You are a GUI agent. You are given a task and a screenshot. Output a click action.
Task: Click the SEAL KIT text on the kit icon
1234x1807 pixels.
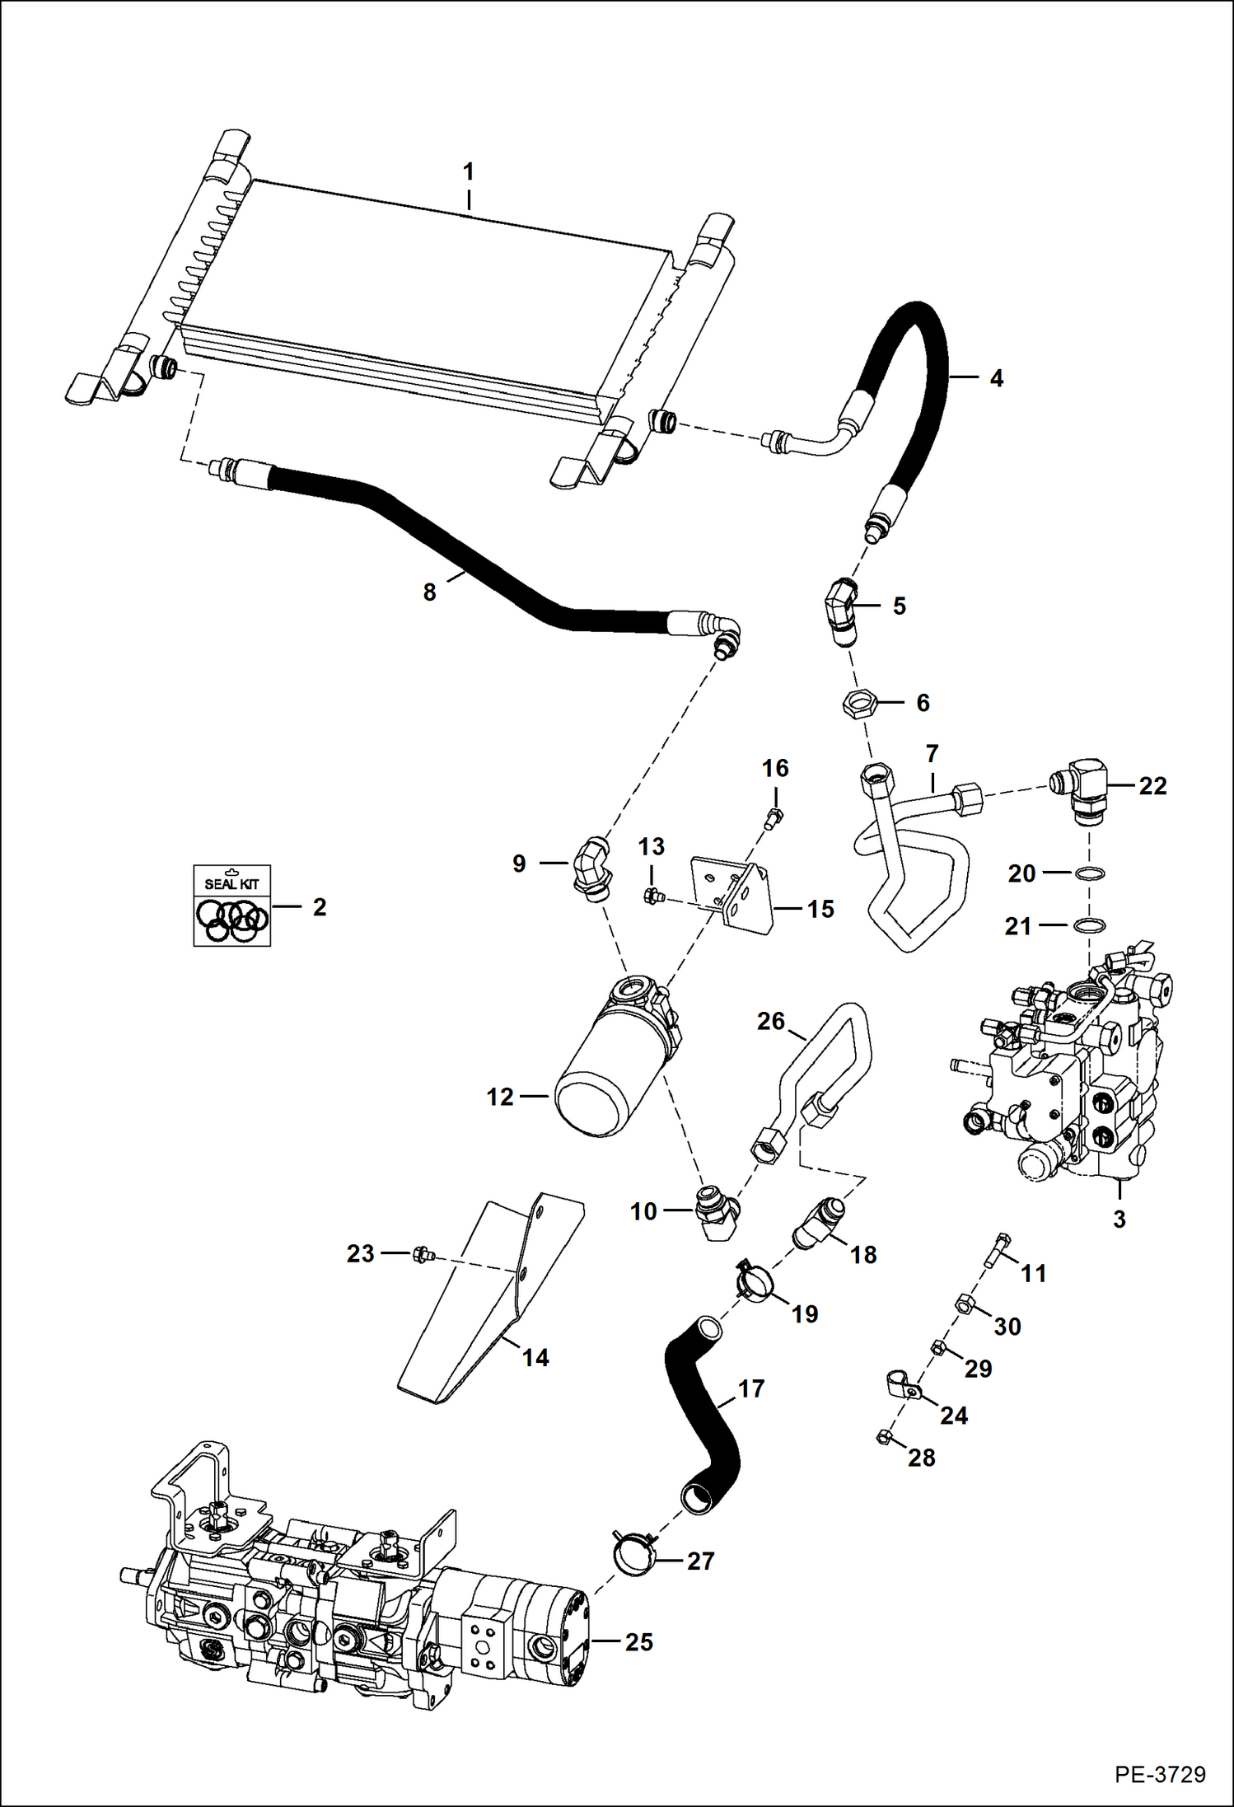[231, 884]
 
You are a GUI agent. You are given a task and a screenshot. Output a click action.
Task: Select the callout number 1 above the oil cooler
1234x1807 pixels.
[468, 172]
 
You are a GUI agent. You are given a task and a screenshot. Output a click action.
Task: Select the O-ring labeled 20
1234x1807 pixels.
[1089, 873]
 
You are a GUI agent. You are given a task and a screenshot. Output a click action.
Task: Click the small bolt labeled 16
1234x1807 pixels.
[774, 817]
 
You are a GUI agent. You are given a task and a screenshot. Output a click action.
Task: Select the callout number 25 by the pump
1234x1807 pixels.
[638, 1642]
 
